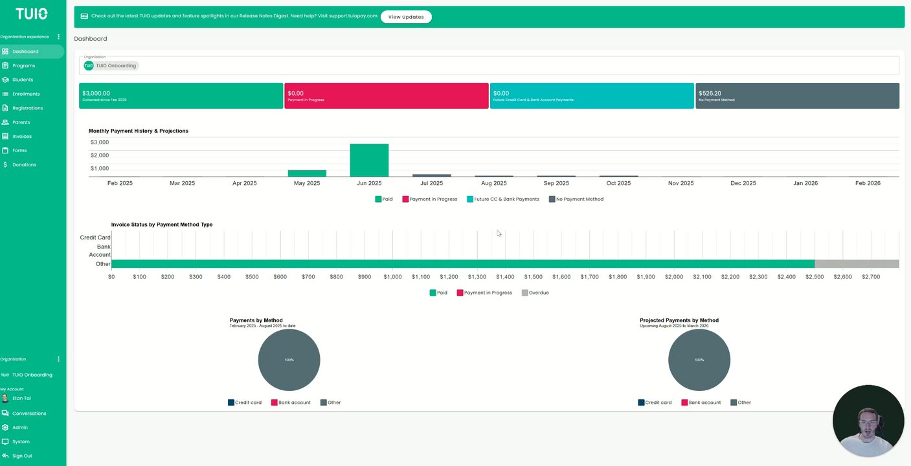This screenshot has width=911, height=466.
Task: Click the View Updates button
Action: click(x=406, y=17)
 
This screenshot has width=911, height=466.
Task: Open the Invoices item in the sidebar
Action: click(x=21, y=137)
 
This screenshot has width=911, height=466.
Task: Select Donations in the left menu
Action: click(x=24, y=165)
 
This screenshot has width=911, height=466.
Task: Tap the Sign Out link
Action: click(x=21, y=456)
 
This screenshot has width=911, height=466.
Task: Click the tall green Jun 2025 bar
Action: click(x=369, y=161)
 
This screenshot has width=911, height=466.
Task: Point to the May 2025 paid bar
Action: click(x=307, y=173)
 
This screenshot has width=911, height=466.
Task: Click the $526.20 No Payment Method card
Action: click(x=797, y=96)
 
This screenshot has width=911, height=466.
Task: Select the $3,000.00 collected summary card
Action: click(x=181, y=96)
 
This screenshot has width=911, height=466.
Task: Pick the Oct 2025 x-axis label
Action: click(x=618, y=183)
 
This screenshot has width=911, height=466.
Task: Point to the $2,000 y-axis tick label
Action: click(x=100, y=155)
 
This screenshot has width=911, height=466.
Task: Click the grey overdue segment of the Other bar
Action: click(x=857, y=264)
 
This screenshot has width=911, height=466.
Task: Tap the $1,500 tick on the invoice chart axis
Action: click(x=533, y=277)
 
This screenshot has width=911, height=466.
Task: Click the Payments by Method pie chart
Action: click(x=289, y=360)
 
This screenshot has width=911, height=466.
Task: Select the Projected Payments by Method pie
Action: click(x=699, y=360)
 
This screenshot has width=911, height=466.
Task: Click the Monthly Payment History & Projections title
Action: click(x=139, y=131)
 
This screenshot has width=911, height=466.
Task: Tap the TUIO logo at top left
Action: click(x=32, y=14)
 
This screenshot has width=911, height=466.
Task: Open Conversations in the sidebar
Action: click(x=29, y=414)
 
